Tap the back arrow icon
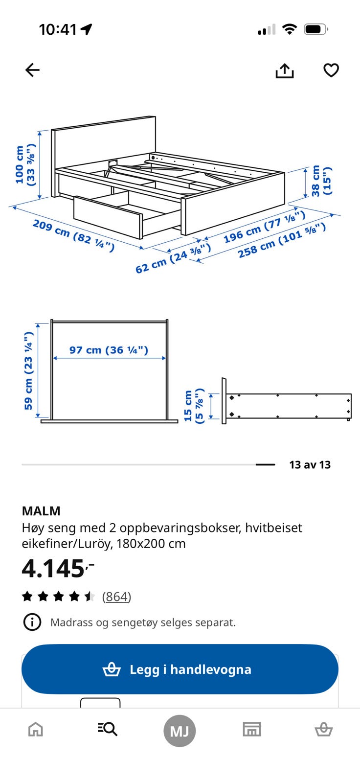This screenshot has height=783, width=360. pyautogui.click(x=32, y=70)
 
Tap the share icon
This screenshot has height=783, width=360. pyautogui.click(x=284, y=71)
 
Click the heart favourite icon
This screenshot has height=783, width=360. pyautogui.click(x=331, y=70)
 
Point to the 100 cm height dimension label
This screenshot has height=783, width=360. pyautogui.click(x=25, y=164)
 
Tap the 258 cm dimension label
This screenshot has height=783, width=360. pyautogui.click(x=281, y=240)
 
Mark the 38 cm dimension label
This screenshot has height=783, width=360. pyautogui.click(x=321, y=181)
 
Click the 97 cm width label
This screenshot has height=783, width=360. pyautogui.click(x=109, y=350)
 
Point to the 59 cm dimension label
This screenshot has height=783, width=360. pyautogui.click(x=28, y=370)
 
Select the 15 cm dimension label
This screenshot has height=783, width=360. pyautogui.click(x=193, y=406)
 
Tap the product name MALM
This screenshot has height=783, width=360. pyautogui.click(x=41, y=511)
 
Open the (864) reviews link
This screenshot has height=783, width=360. pyautogui.click(x=116, y=597)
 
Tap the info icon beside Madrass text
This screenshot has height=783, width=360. pyautogui.click(x=32, y=622)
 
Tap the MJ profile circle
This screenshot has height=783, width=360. pyautogui.click(x=180, y=731)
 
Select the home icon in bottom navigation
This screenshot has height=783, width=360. pyautogui.click(x=36, y=730)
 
